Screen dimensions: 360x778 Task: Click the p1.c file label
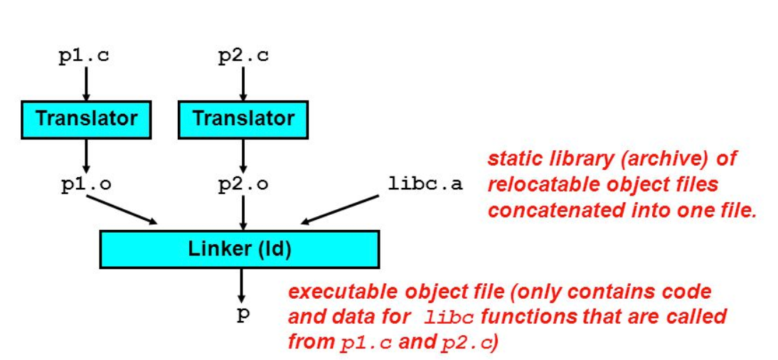pyautogui.click(x=84, y=56)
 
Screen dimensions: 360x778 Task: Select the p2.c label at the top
pyautogui.click(x=243, y=56)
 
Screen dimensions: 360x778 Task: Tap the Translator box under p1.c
pyautogui.click(x=86, y=118)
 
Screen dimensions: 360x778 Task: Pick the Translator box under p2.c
pyautogui.click(x=244, y=118)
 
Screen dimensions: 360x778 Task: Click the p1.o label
pyautogui.click(x=85, y=184)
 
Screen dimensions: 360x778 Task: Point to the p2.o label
pyautogui.click(x=244, y=184)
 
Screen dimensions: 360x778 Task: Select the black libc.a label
pyautogui.click(x=425, y=184)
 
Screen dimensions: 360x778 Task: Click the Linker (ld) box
pyautogui.click(x=240, y=249)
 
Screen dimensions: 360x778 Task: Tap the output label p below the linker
pyautogui.click(x=243, y=314)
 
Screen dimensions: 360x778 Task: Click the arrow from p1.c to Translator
pyautogui.click(x=85, y=84)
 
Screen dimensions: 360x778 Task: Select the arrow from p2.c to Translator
pyautogui.click(x=244, y=84)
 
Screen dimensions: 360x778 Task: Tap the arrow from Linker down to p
pyautogui.click(x=242, y=285)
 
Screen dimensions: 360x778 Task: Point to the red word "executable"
pyautogui.click(x=339, y=292)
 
